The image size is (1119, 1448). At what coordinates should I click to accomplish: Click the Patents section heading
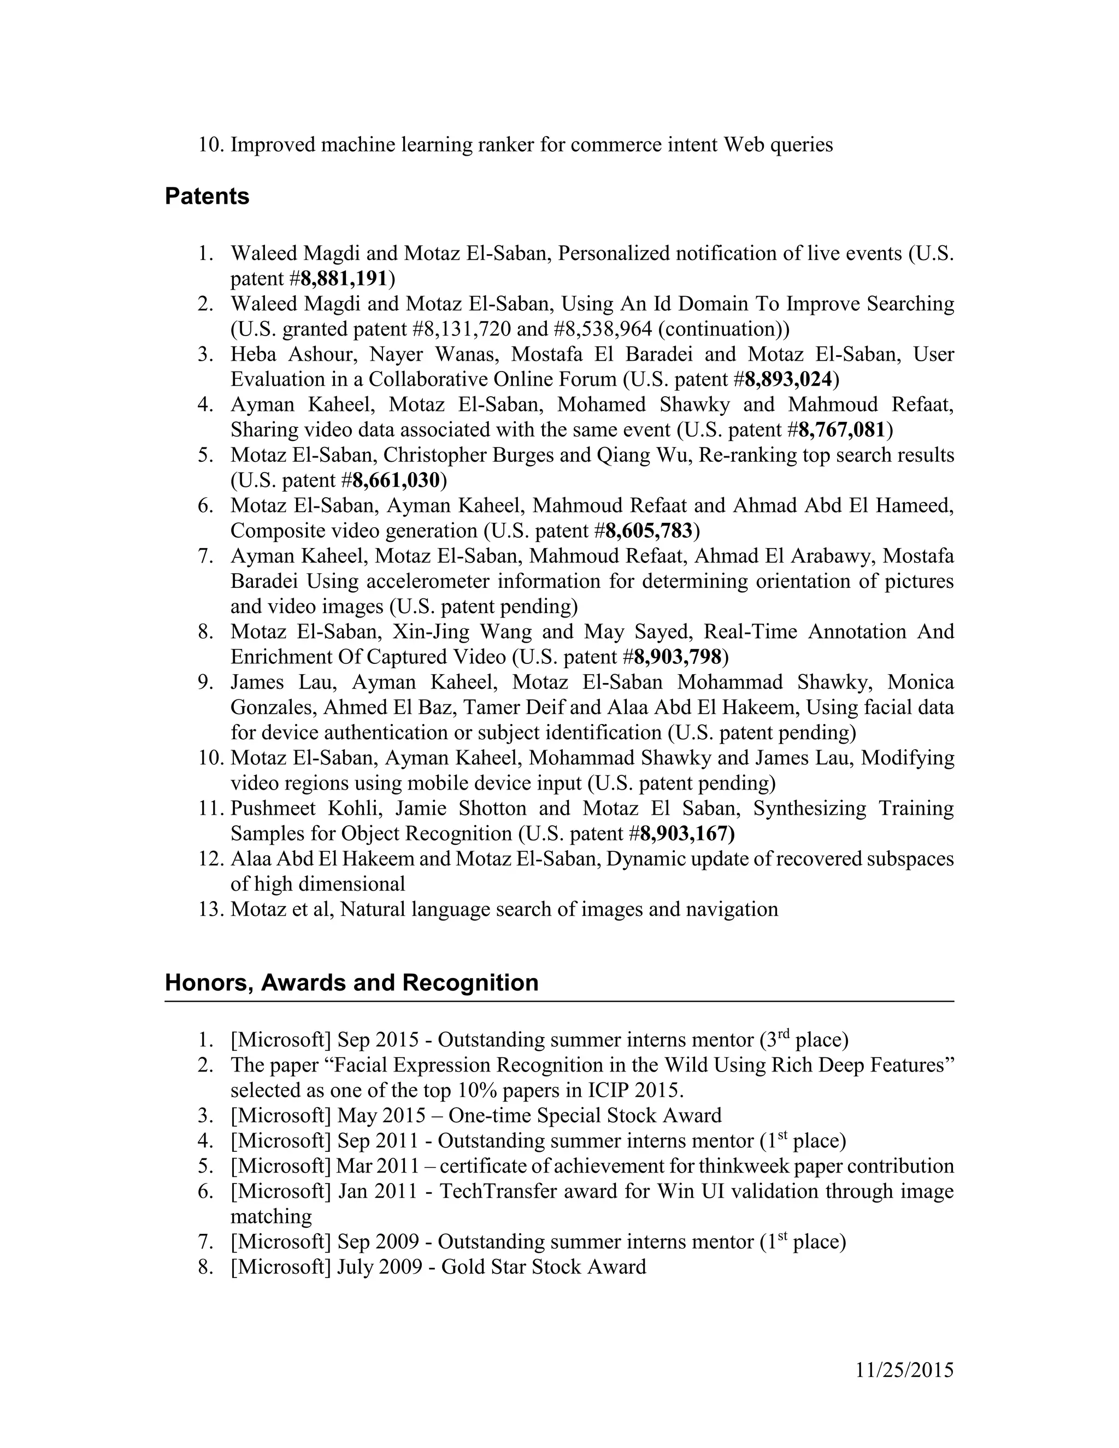point(207,196)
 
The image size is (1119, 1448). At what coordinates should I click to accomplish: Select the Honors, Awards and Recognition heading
point(351,982)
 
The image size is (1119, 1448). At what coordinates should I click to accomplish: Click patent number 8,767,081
point(842,429)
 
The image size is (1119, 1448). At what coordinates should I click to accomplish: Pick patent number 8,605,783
point(649,531)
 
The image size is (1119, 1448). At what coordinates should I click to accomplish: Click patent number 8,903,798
point(678,656)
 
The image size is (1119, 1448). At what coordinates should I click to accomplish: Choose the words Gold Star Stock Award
point(544,1267)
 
